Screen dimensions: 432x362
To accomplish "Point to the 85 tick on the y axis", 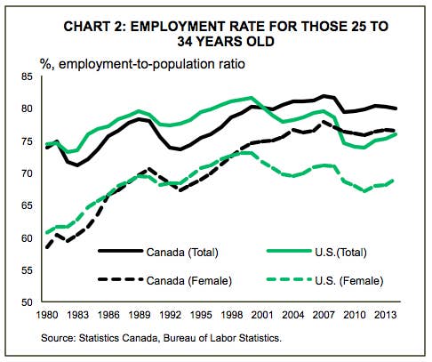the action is tap(27, 76).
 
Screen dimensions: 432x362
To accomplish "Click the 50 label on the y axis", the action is tap(27, 302).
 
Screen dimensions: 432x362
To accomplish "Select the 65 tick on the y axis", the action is tap(27, 205).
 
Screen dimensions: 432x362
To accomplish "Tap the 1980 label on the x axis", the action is tap(47, 315).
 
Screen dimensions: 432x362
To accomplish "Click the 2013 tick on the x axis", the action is tap(385, 315).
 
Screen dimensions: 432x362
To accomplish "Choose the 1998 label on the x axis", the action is tap(231, 315).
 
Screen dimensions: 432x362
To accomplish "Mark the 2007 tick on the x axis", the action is tap(324, 315).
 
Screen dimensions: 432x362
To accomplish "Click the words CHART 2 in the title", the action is tap(95, 27).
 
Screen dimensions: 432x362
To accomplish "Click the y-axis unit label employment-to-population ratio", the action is tap(152, 64).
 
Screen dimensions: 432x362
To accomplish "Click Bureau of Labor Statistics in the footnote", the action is tap(222, 338).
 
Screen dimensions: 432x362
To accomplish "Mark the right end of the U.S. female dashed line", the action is tap(393, 181).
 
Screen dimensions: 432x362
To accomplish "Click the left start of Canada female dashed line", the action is tap(47, 247).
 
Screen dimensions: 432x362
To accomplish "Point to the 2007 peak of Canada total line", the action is tap(324, 96).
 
